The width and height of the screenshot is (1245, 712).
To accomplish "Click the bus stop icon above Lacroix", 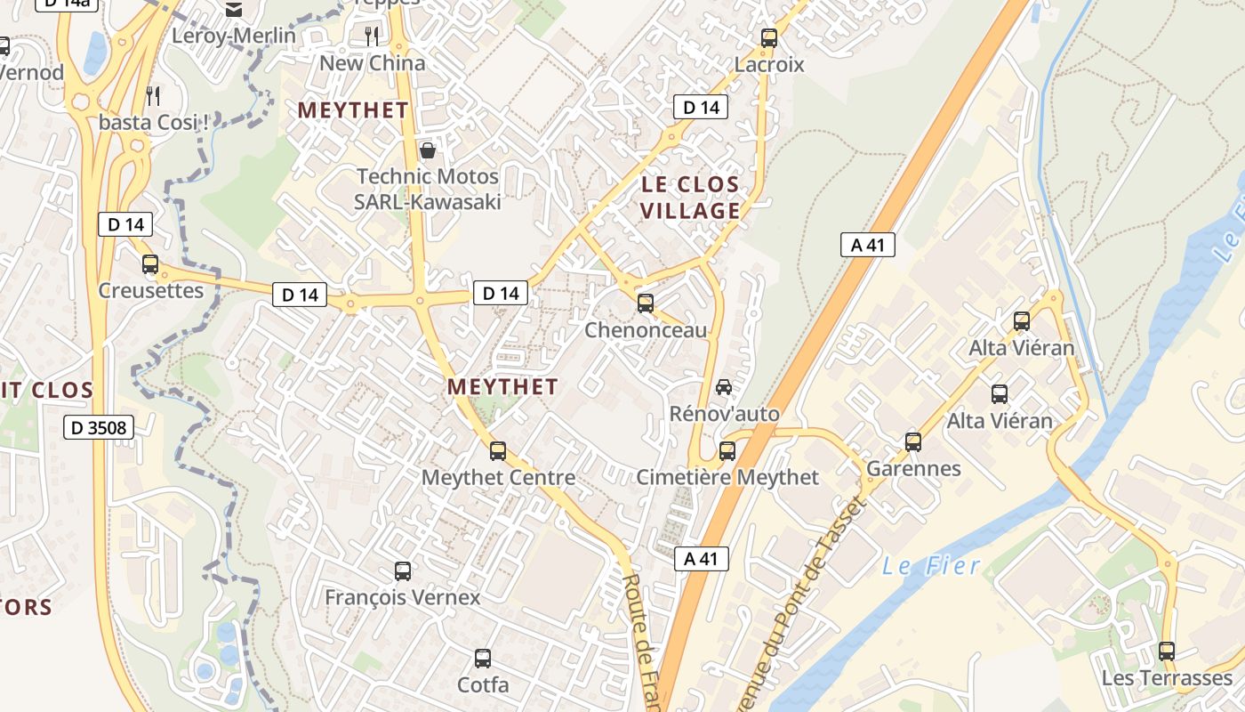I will (x=769, y=38).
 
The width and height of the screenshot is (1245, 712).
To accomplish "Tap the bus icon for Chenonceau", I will (x=646, y=303).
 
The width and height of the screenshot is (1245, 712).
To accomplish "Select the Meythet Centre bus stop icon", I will (x=498, y=451).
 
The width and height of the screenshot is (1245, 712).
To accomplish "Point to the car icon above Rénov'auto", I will (x=724, y=387).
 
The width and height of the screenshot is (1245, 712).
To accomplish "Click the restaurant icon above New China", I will (x=372, y=36).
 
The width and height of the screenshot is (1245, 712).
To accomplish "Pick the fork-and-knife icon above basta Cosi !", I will (x=154, y=95).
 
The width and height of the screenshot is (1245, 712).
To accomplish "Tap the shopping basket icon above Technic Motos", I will (x=428, y=150).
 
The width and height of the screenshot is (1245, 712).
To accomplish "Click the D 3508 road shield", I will (x=99, y=428).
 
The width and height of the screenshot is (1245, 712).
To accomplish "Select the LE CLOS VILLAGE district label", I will (x=690, y=198).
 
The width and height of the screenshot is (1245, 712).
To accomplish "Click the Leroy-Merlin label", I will (x=234, y=36).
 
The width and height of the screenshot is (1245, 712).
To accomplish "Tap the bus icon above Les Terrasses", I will (x=1167, y=651).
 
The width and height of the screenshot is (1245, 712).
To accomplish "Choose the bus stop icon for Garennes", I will (x=913, y=442).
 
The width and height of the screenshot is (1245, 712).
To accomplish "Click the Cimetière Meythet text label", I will (x=727, y=478).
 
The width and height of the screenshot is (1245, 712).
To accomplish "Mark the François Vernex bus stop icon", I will (x=403, y=571).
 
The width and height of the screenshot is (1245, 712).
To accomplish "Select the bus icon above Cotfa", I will (x=483, y=659).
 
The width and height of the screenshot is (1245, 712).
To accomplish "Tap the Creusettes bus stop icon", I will (x=150, y=264).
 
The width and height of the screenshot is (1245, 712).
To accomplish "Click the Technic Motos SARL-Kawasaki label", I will (x=428, y=189).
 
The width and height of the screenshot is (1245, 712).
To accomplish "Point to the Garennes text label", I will (x=913, y=468).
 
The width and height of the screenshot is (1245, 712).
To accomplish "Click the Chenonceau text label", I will (x=646, y=330).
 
